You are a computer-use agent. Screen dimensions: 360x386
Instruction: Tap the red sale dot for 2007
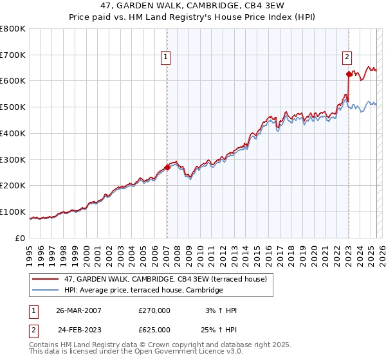[167, 167]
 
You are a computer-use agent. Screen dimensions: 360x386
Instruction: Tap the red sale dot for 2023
[348, 75]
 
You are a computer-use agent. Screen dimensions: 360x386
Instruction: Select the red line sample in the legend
[46, 278]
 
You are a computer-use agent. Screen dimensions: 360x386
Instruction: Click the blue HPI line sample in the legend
[46, 291]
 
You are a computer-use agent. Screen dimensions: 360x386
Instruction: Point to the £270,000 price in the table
[154, 310]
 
